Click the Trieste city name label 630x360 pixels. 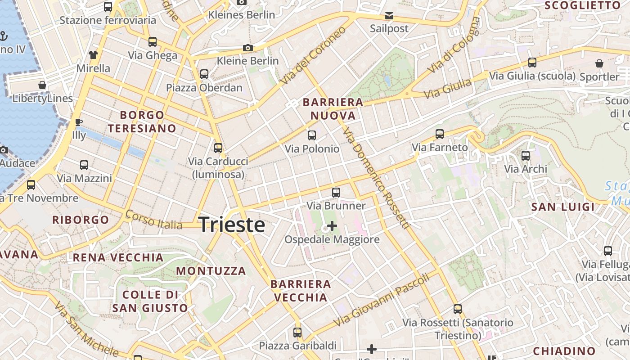231,225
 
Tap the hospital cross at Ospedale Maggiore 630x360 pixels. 332,225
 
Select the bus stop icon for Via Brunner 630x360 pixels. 336,193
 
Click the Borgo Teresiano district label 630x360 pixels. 142,121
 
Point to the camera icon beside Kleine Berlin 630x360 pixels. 247,48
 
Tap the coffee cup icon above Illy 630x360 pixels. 78,122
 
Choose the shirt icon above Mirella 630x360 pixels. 93,55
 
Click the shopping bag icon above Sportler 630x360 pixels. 599,63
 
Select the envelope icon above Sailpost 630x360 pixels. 389,16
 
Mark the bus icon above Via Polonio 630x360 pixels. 312,135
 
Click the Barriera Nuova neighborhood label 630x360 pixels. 333,109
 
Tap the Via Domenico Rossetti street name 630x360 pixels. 375,178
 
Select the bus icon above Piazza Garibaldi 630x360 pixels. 297,333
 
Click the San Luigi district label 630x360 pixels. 562,207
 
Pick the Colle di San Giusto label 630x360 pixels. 150,301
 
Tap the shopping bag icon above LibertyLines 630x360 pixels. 42,85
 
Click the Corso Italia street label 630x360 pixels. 153,220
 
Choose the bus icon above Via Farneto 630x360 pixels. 440,134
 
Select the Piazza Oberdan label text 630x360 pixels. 204,88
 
